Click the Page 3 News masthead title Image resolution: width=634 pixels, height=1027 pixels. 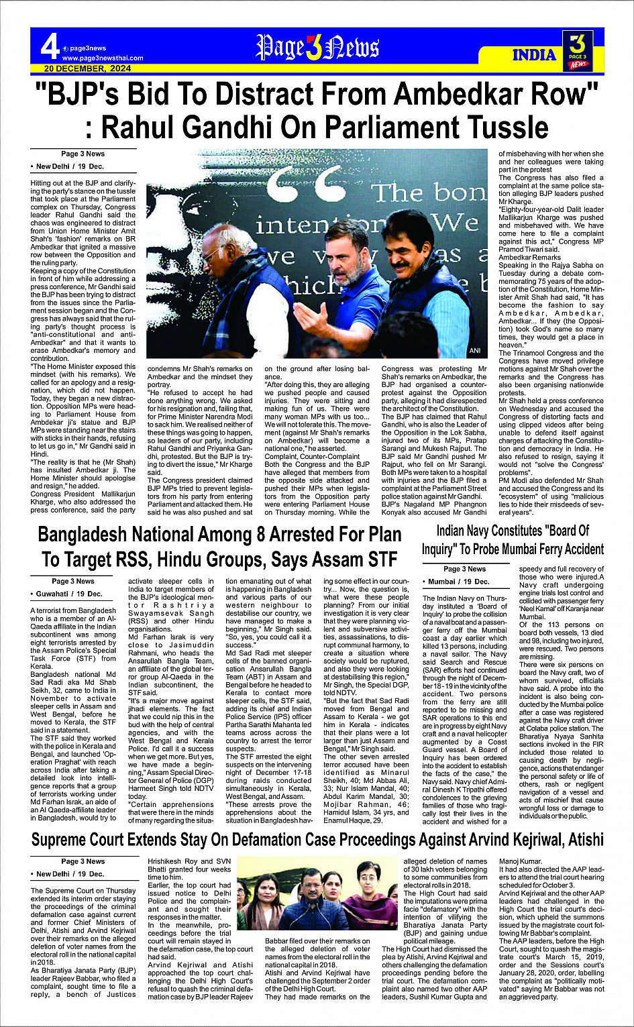coord(317,48)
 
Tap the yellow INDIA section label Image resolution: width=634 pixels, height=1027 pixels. coord(534,55)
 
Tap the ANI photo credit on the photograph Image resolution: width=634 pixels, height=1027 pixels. coord(475,351)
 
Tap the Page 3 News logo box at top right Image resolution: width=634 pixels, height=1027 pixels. coord(578,50)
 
